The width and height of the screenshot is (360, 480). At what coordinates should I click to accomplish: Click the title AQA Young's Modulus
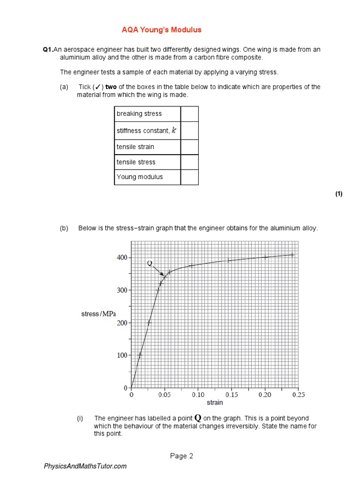coord(161,30)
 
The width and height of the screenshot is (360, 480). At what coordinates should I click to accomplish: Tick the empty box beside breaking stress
coord(189,114)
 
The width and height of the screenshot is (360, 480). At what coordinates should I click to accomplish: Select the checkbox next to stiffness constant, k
coord(189,130)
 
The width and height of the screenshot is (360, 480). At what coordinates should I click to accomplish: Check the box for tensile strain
coord(189,147)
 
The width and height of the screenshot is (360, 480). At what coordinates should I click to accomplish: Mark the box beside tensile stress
coord(189,162)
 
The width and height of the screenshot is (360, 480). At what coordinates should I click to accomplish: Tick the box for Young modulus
coord(189,177)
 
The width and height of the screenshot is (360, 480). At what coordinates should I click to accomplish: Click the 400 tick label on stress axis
coord(122,258)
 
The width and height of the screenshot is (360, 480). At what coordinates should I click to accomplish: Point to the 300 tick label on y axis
coord(122,290)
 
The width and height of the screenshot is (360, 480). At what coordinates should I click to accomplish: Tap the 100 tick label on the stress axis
coord(122,355)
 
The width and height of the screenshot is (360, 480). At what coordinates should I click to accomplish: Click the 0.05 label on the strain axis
coord(165,395)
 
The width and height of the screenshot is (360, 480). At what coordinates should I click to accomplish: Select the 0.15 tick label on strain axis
coord(232,395)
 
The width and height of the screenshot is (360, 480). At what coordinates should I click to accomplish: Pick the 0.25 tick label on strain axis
coord(298,395)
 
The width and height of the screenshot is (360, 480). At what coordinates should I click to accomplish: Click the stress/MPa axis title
coord(98,314)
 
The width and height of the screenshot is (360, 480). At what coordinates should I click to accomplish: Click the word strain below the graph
coord(215,402)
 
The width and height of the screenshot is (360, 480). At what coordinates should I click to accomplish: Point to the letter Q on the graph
coord(150,263)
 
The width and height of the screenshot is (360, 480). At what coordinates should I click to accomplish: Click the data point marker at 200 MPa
coord(149,323)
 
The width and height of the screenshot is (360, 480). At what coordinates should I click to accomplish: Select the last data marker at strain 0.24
coord(292,255)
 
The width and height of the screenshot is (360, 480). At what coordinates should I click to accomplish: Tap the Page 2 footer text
coord(181,456)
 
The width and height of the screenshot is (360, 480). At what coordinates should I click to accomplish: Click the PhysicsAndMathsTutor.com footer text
coord(85,466)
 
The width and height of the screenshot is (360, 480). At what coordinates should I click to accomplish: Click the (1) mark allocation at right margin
coord(339,194)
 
